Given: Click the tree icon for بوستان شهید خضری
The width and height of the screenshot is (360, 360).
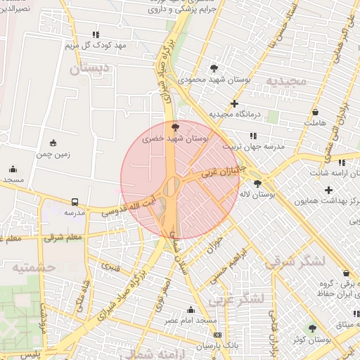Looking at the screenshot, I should point(175,127).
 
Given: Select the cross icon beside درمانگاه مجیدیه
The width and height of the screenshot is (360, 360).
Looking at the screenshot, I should point(234,103).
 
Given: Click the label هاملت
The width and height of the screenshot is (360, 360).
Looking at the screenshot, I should point(315,123).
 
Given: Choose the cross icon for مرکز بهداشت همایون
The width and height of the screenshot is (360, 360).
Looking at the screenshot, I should point(328,190).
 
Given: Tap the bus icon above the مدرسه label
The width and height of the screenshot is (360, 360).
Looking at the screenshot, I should point(75,201).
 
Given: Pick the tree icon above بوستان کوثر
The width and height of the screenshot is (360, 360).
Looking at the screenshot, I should point(312,328).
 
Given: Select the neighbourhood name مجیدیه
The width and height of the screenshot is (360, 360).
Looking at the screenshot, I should point(286,80).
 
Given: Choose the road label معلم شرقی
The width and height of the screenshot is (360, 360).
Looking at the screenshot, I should point(63,238).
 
